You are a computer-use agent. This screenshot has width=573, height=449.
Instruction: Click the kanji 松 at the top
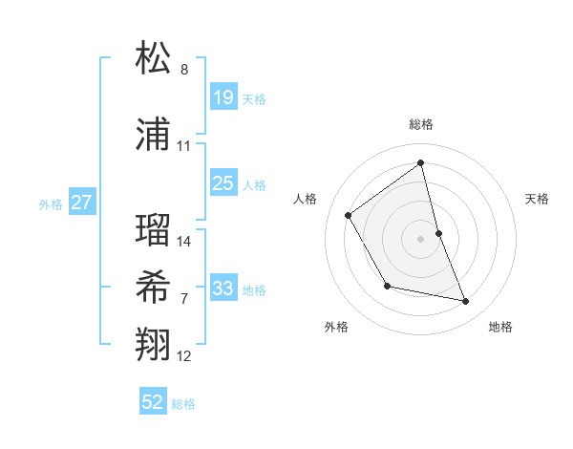pos(154,58)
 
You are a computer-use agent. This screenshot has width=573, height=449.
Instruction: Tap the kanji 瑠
pos(154,230)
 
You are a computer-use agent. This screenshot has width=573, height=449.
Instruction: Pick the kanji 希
pos(154,288)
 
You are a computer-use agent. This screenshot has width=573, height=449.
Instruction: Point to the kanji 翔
pos(154,345)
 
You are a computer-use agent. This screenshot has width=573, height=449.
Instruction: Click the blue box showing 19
pos(223,96)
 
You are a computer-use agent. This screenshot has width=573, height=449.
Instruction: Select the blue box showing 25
pos(223,183)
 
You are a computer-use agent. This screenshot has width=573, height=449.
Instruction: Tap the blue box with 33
pos(223,289)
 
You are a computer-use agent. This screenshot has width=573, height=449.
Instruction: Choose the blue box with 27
pos(82,203)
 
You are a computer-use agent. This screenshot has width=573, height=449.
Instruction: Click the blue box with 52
pos(153,402)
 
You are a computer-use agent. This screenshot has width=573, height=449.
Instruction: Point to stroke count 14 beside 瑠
pos(184,242)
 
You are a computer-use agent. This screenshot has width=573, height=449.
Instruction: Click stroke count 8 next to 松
pos(184,70)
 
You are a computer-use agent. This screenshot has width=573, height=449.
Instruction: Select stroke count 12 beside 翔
pos(184,356)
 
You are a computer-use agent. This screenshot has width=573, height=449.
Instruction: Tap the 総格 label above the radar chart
pos(421,124)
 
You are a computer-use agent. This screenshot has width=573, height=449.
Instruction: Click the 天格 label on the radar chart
pos(537,199)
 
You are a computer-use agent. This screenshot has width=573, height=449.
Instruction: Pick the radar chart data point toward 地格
pos(466,302)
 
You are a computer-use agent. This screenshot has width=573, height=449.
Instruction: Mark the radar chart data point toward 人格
pos(349,216)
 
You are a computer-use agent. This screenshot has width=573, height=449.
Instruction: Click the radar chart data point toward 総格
pos(421,163)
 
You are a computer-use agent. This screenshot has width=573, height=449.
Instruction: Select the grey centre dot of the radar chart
pos(421,238)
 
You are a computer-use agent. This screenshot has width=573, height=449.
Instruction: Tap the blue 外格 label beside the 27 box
pos(50,203)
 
